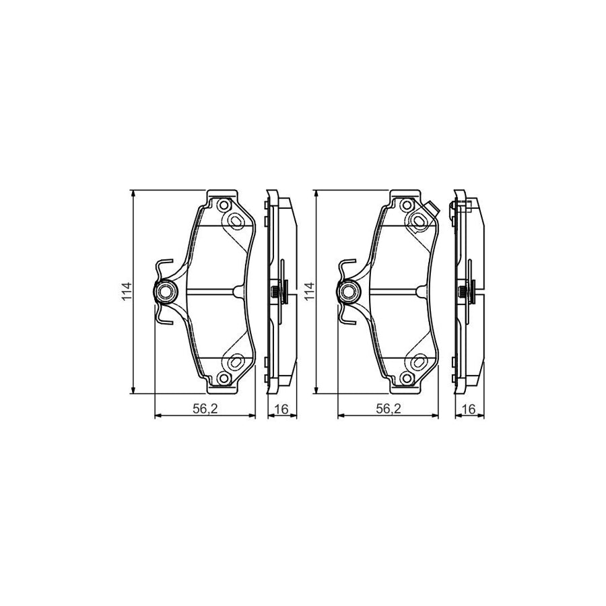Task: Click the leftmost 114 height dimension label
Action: click(126, 292)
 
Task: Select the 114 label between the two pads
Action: click(308, 292)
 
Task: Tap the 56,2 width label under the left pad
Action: click(205, 408)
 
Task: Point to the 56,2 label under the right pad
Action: click(388, 408)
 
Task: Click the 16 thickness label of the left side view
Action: click(281, 408)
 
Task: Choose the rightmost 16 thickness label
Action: click(468, 408)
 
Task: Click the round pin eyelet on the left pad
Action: click(166, 292)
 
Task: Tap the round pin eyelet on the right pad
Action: click(349, 292)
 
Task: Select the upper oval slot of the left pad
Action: click(236, 220)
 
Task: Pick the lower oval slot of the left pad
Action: click(236, 362)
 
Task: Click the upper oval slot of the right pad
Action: click(418, 220)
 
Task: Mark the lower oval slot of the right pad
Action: click(418, 362)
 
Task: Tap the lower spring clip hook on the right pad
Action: click(344, 318)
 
